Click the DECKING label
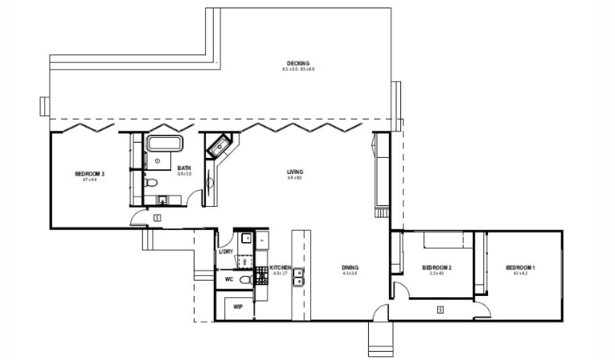[298, 64]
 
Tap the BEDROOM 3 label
[89, 174]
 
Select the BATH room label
[184, 168]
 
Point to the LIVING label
[296, 172]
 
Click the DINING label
[350, 267]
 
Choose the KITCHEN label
[280, 267]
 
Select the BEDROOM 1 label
[520, 267]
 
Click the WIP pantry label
[237, 306]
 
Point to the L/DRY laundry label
[226, 252]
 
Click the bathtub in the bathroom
[165, 144]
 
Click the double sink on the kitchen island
[298, 276]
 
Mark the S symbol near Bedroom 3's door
[157, 217]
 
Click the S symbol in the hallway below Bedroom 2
[440, 308]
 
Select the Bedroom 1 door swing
[482, 293]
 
